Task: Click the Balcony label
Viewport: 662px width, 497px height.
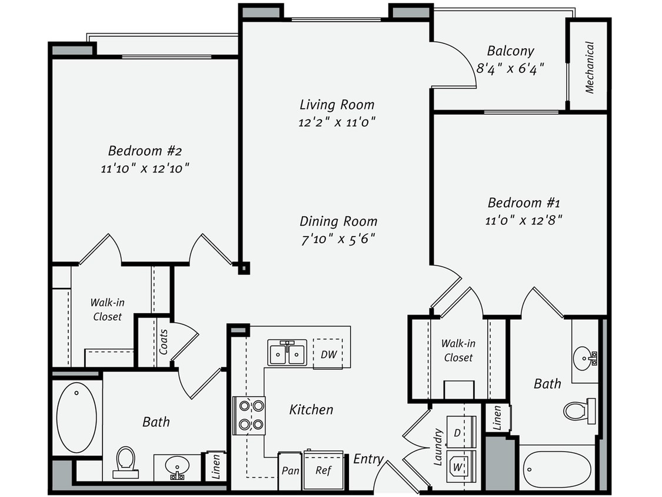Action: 510,51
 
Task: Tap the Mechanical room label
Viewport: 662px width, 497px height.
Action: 590,67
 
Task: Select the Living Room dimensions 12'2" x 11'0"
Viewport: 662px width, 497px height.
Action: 337,122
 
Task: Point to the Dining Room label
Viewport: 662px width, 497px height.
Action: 338,221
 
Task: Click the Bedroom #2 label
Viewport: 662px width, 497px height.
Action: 145,150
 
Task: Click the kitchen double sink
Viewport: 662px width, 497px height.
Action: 287,353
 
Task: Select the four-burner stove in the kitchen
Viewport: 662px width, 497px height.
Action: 250,415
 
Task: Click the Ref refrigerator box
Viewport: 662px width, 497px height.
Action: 323,470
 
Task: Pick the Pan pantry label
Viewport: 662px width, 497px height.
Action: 290,471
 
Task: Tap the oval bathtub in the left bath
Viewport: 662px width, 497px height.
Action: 76,417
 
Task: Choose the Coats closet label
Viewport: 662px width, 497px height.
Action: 164,342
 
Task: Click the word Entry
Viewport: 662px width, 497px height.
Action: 368,459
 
